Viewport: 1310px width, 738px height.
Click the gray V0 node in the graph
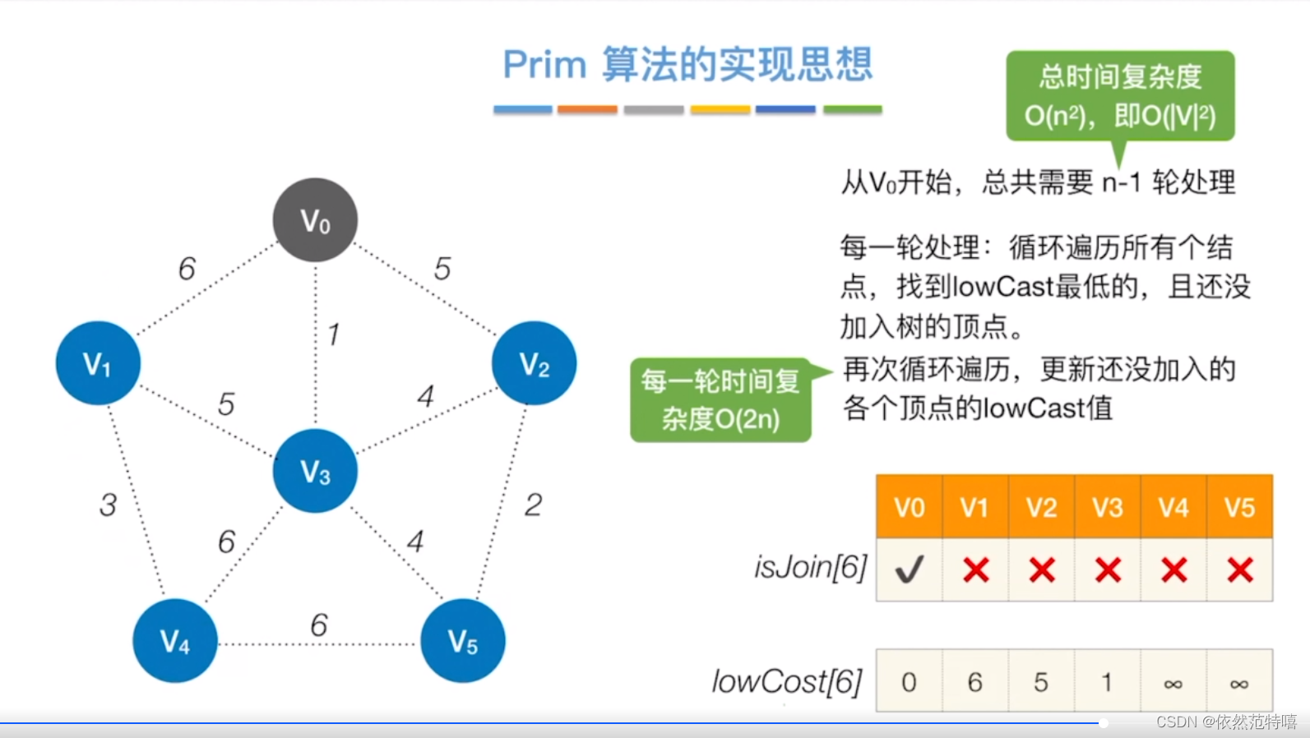[x=315, y=220]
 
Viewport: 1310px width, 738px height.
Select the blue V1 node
[x=98, y=363]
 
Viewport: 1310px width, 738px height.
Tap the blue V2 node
[x=534, y=363]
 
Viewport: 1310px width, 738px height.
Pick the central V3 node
[x=315, y=471]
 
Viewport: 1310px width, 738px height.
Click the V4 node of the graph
[x=175, y=641]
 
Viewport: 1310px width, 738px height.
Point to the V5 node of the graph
[x=462, y=641]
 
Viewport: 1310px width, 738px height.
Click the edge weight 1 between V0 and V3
[x=333, y=334]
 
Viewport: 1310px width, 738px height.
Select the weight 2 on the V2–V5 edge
[x=533, y=505]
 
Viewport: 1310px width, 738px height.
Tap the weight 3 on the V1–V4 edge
[x=108, y=505]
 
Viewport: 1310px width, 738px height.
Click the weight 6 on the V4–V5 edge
[x=319, y=625]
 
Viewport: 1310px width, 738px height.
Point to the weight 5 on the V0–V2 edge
[x=442, y=269]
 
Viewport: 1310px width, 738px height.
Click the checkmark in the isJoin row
[x=910, y=570]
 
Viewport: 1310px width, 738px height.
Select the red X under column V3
[x=1108, y=570]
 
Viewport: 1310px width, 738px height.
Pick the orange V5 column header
[x=1239, y=507]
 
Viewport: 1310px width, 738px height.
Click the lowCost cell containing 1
[x=1107, y=682]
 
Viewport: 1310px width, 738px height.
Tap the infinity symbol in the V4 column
[x=1173, y=683]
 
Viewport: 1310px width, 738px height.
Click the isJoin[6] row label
[x=811, y=567]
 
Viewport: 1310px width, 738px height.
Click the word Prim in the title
[x=544, y=65]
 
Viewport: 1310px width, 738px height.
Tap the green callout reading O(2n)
[x=721, y=400]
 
